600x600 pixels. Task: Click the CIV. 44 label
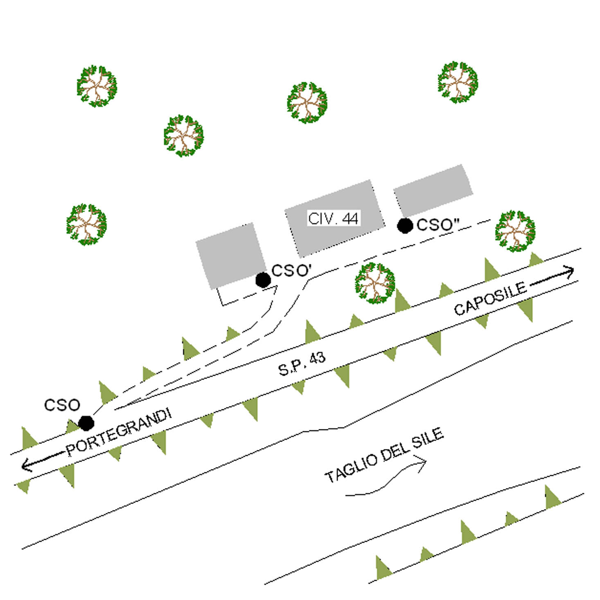[333, 218]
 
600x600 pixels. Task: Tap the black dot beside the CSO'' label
[405, 226]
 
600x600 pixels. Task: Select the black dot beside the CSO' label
[263, 280]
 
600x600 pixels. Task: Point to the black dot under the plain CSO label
[86, 423]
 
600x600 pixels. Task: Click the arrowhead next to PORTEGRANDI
[27, 465]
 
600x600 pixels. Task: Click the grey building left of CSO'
[231, 256]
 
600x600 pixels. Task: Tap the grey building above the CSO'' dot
[433, 191]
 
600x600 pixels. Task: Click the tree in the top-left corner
[97, 86]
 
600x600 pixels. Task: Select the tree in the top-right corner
[458, 82]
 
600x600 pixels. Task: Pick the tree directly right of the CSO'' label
[515, 231]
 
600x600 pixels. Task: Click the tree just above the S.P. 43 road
[375, 283]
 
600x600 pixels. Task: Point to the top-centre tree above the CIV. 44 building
[307, 102]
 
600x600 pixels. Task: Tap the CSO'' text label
[438, 225]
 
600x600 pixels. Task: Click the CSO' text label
[291, 271]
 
